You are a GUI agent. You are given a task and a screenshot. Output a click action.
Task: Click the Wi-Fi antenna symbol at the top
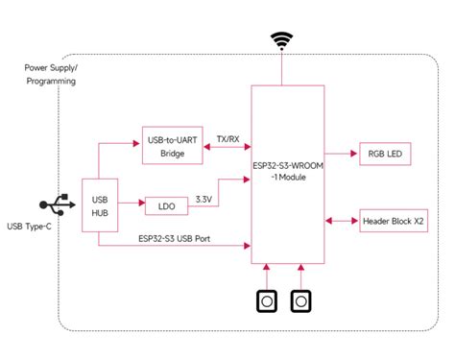(x=281, y=40)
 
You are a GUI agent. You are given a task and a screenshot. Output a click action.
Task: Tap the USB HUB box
(x=99, y=205)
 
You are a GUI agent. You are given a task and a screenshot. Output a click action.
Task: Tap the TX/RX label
(x=227, y=138)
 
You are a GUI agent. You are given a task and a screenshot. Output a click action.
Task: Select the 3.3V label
(x=204, y=199)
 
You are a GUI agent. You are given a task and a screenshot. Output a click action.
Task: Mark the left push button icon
(x=266, y=301)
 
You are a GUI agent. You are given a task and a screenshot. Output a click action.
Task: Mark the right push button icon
(x=301, y=301)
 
